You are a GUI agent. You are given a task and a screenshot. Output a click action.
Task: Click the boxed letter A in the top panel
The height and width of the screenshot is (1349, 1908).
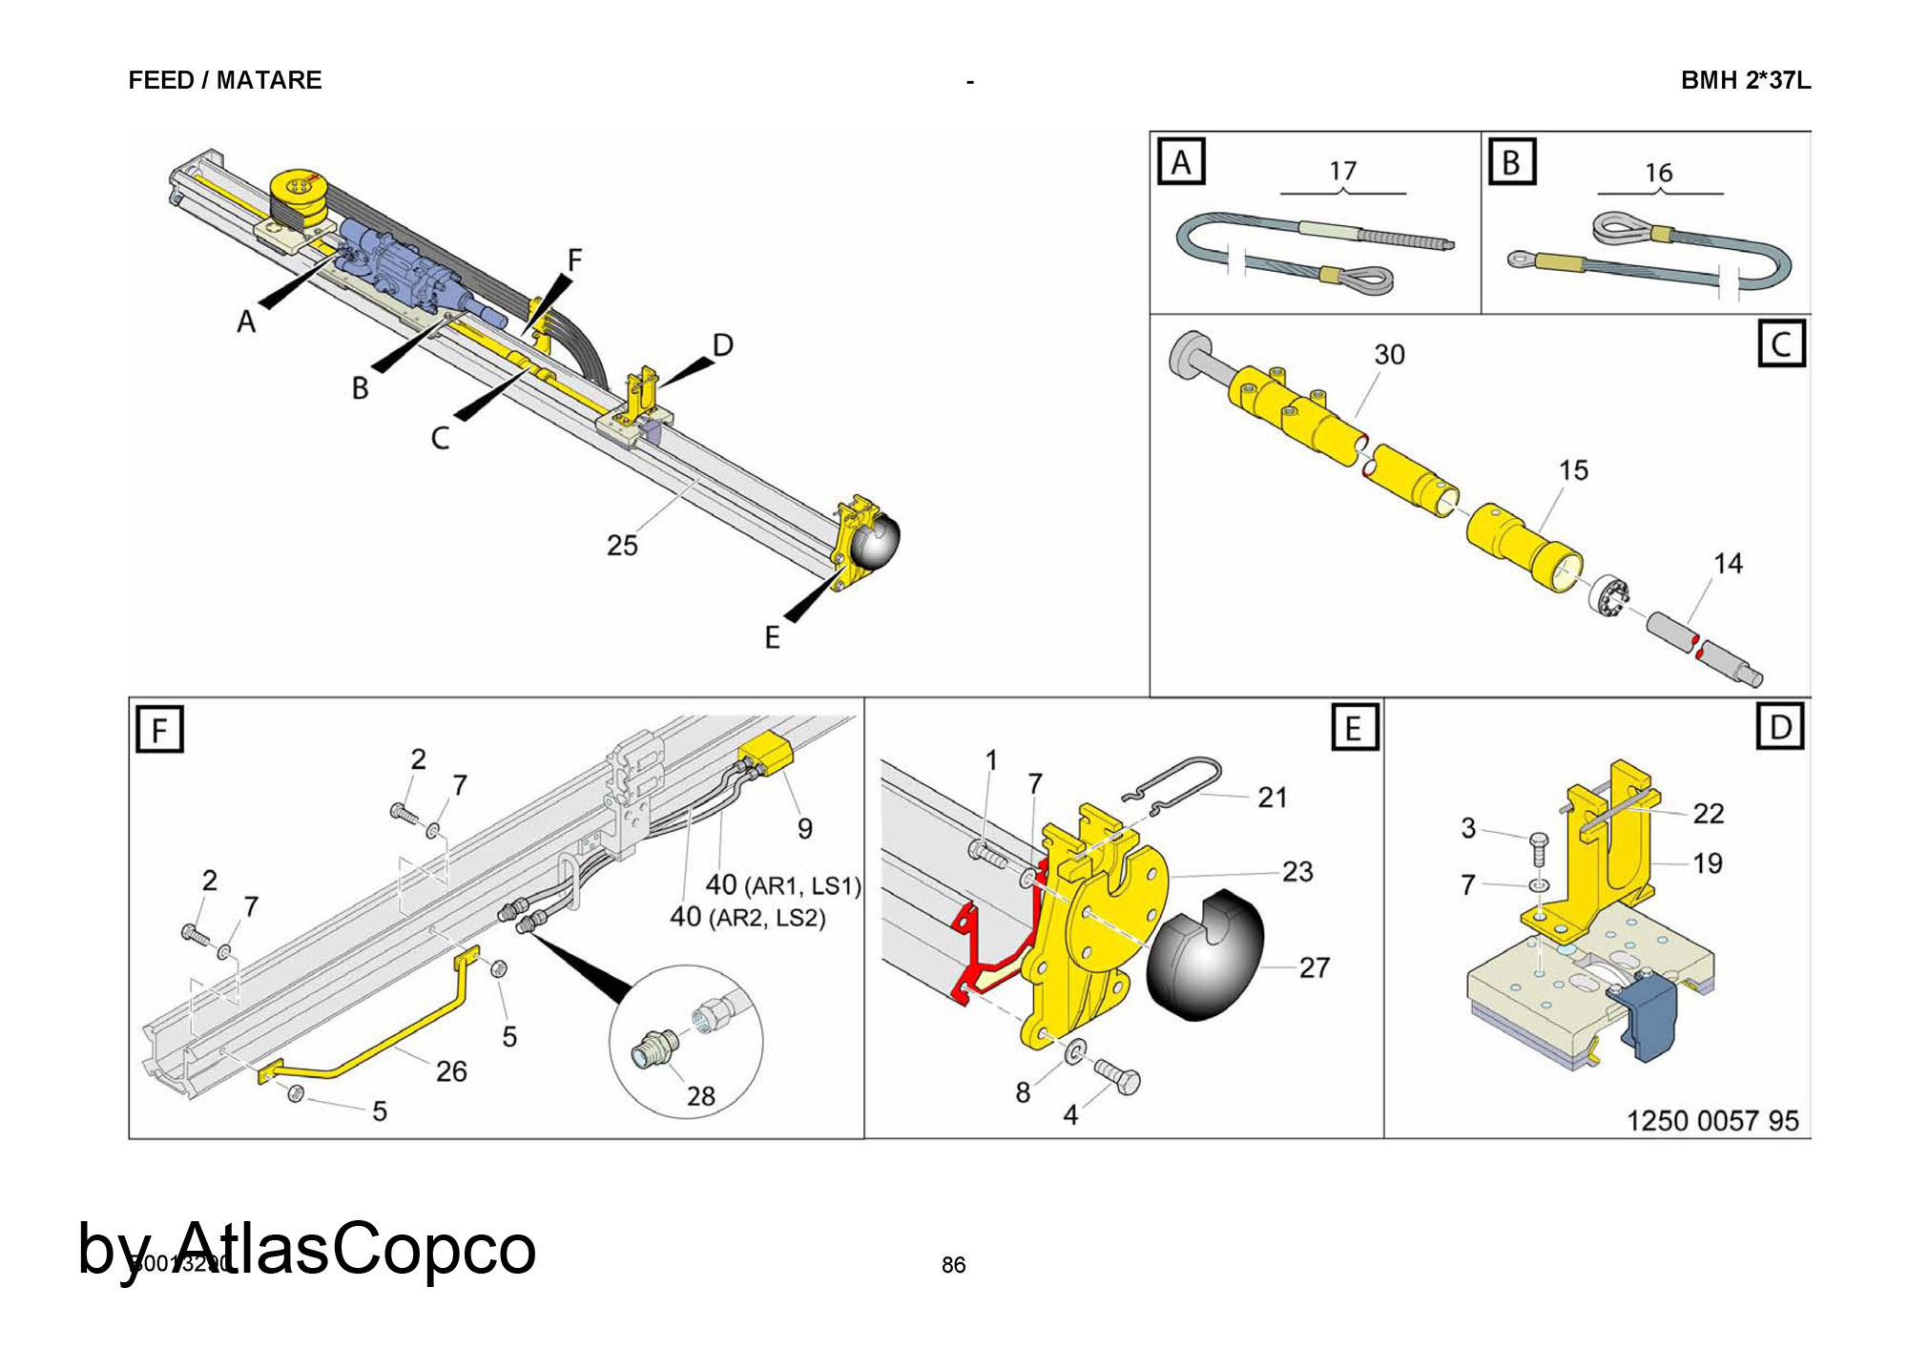[x=1181, y=162]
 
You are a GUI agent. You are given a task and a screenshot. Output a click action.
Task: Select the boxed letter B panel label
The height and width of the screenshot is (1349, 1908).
[x=1511, y=162]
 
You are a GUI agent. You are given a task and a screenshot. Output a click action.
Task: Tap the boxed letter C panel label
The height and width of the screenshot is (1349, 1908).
[x=1781, y=343]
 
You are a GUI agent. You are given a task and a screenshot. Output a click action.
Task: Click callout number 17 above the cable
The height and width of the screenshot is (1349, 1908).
[x=1342, y=171]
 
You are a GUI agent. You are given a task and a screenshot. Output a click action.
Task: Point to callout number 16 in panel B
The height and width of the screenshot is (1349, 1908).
[x=1659, y=173]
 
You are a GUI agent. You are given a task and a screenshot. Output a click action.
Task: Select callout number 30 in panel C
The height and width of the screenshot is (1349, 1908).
[x=1389, y=355]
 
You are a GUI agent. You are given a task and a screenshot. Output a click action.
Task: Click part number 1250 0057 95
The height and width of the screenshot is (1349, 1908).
[x=1712, y=1120]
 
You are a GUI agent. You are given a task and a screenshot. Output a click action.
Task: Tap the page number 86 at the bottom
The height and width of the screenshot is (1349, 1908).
[x=953, y=1265]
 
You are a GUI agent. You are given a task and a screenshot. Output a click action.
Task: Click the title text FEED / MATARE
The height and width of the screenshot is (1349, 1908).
[x=225, y=80]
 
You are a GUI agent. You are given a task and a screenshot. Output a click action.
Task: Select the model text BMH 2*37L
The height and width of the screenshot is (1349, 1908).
[x=1745, y=80]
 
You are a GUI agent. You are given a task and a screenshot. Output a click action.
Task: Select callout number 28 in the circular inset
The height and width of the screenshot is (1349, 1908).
[x=701, y=1096]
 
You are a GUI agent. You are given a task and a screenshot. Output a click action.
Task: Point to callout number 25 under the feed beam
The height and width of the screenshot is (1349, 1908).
[x=622, y=546]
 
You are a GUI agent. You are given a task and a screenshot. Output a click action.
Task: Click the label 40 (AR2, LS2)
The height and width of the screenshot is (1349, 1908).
[x=747, y=918]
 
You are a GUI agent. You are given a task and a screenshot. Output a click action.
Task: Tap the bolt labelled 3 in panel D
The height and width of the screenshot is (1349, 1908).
[x=1539, y=844]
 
